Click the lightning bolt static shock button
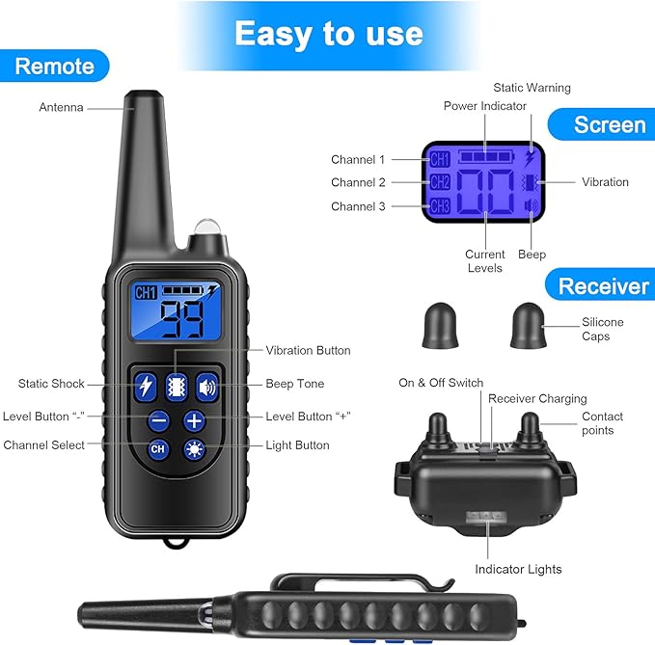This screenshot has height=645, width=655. coord(147,386)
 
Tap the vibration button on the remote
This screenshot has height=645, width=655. coord(177,386)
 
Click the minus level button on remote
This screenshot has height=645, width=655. coord(159,419)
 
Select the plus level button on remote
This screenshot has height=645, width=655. coord(194,419)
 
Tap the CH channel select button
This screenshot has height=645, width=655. coord(159,448)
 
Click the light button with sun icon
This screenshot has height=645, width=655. coord(194,448)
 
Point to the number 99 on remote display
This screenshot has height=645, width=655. coord(180,317)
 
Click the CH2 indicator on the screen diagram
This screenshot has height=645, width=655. coord(440,182)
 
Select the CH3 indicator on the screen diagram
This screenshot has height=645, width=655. coord(440,205)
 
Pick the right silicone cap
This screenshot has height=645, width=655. coord(526,324)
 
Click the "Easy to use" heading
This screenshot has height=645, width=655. coord(328,34)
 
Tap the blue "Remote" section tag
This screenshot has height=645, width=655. coord(55,67)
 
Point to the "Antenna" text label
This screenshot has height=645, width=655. coord(61,107)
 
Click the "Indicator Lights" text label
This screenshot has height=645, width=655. coord(518,569)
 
